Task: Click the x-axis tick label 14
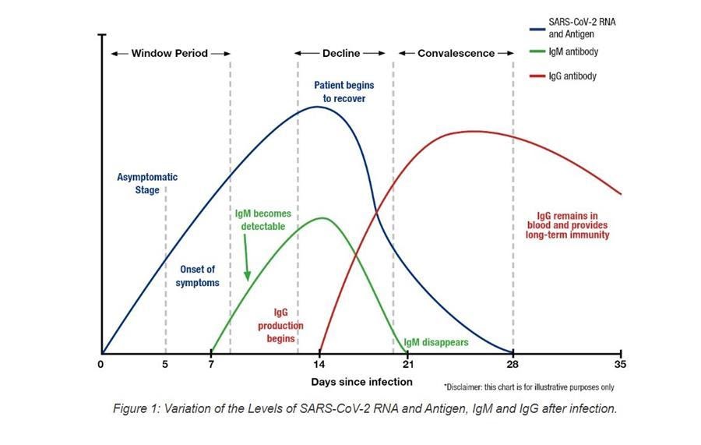pyautogui.click(x=319, y=364)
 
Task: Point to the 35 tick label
pyautogui.click(x=620, y=364)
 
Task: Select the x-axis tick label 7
pyautogui.click(x=211, y=364)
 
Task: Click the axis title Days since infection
pyautogui.click(x=361, y=382)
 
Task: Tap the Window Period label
pyautogui.click(x=170, y=54)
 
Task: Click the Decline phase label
pyautogui.click(x=341, y=54)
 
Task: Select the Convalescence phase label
pyautogui.click(x=456, y=54)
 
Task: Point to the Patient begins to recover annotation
pyautogui.click(x=340, y=91)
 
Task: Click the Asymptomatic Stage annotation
pyautogui.click(x=147, y=183)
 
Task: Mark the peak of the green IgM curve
pyautogui.click(x=322, y=217)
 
